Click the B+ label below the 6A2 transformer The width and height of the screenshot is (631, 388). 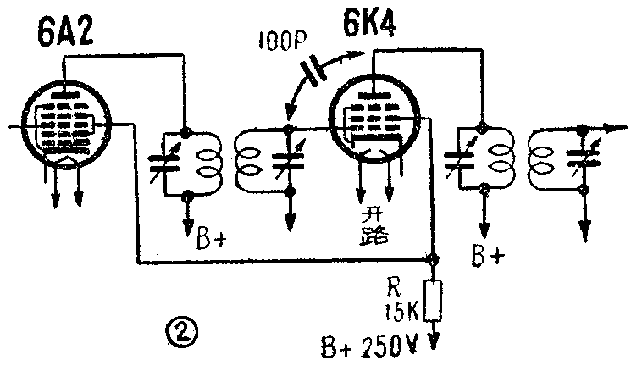[x=210, y=238]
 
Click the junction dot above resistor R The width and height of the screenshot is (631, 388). [x=435, y=259]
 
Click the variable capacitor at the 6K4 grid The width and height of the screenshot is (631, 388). [x=291, y=162]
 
